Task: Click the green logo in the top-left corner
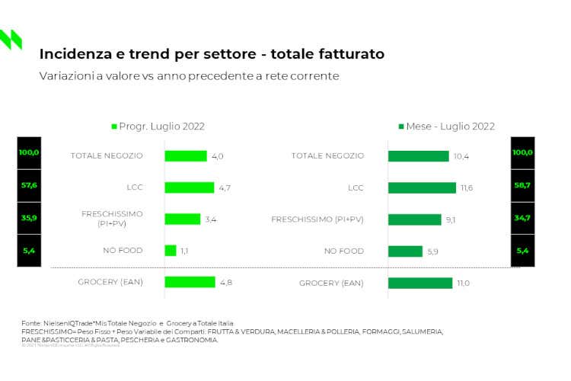click(11, 39)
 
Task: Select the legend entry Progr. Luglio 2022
click(158, 126)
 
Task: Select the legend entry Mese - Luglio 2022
click(446, 126)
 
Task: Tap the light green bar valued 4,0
click(185, 156)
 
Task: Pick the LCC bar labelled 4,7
click(189, 187)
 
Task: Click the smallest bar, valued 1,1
click(171, 251)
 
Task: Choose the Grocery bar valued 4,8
click(190, 282)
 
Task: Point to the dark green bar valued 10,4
click(418, 156)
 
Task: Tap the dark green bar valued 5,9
click(405, 251)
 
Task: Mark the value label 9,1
click(451, 219)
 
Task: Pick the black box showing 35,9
click(29, 218)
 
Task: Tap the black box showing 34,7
click(522, 218)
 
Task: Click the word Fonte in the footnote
click(31, 324)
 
